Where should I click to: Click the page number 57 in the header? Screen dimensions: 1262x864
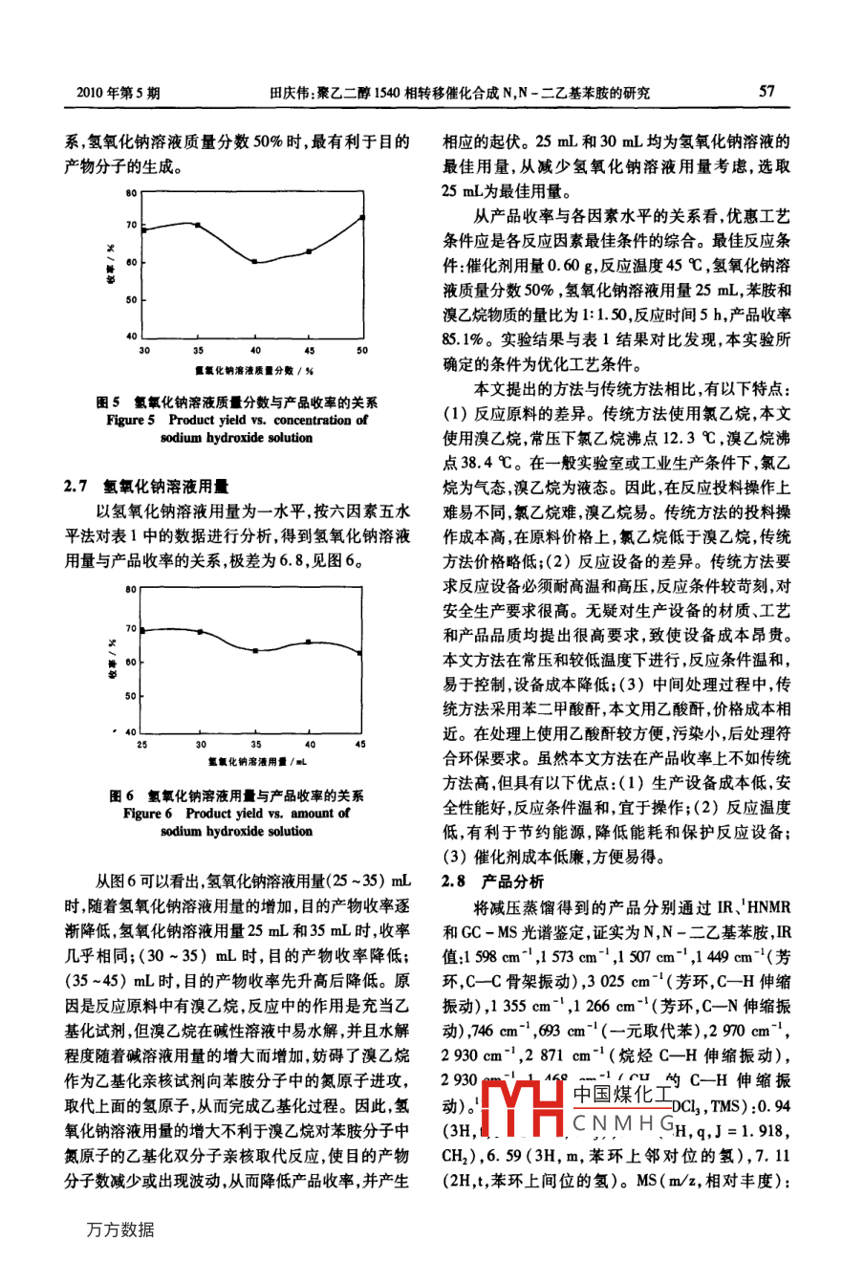click(x=767, y=92)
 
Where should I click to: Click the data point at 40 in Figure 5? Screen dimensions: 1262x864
click(x=254, y=261)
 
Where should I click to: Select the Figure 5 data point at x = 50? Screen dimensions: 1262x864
click(x=362, y=217)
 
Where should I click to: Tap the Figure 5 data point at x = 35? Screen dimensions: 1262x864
click(x=198, y=225)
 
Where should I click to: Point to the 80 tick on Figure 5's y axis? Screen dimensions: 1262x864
click(x=131, y=192)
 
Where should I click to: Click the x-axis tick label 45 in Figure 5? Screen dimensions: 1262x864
click(x=309, y=351)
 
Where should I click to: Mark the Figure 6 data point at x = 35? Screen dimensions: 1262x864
click(x=255, y=650)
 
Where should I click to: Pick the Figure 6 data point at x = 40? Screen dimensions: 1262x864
click(x=309, y=642)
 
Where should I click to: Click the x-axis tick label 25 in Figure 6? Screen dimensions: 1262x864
click(x=142, y=744)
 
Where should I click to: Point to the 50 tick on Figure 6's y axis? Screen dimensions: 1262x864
click(x=131, y=697)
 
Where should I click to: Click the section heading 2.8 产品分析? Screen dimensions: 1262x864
click(x=493, y=881)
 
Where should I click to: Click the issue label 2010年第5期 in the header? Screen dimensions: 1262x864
click(x=118, y=93)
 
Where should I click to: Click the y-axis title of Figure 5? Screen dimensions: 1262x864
click(x=111, y=265)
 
